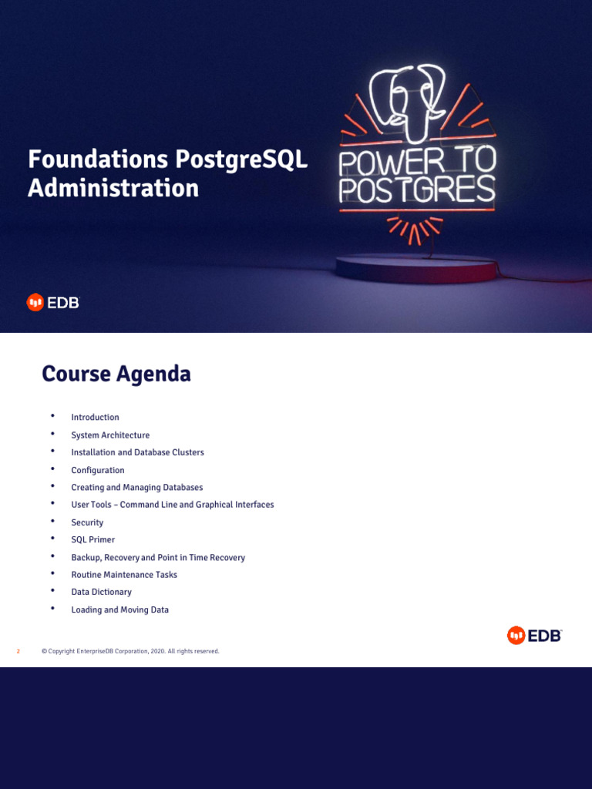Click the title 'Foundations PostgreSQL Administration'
(167, 173)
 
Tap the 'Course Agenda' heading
(116, 374)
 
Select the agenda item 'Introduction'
(95, 418)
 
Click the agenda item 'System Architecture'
(110, 435)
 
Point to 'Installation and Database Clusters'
(137, 452)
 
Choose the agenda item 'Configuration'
(97, 470)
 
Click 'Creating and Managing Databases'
(136, 488)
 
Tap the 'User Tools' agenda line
(172, 505)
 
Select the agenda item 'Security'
(87, 522)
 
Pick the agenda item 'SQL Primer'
(92, 540)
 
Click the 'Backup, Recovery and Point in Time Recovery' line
(158, 557)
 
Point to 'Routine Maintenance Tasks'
(124, 575)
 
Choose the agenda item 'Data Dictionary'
(101, 593)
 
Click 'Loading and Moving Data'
(119, 609)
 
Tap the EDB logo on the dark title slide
(53, 302)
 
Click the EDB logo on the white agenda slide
(534, 636)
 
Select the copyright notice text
(130, 652)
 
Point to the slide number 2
(18, 652)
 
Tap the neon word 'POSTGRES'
(417, 190)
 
